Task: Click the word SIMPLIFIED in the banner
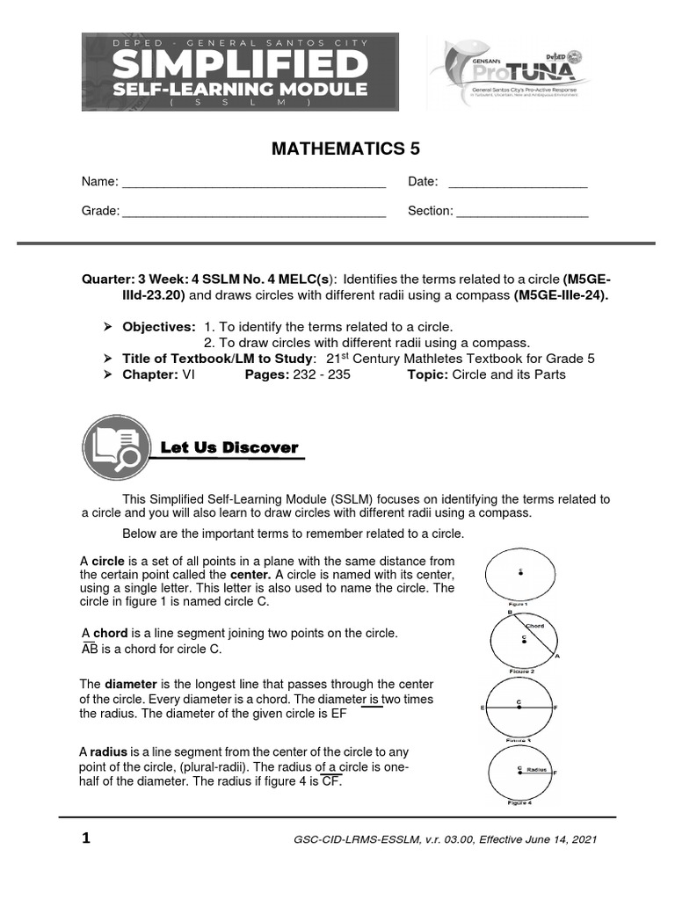point(240,64)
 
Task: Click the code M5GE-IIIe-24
point(561,295)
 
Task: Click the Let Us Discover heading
point(229,447)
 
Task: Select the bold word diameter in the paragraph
point(131,684)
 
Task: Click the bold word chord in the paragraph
point(111,633)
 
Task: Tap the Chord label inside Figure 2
point(535,626)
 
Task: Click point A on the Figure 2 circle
point(557,657)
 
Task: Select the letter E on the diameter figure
point(483,707)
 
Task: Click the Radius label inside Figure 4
point(537,769)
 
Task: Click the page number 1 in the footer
point(86,838)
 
